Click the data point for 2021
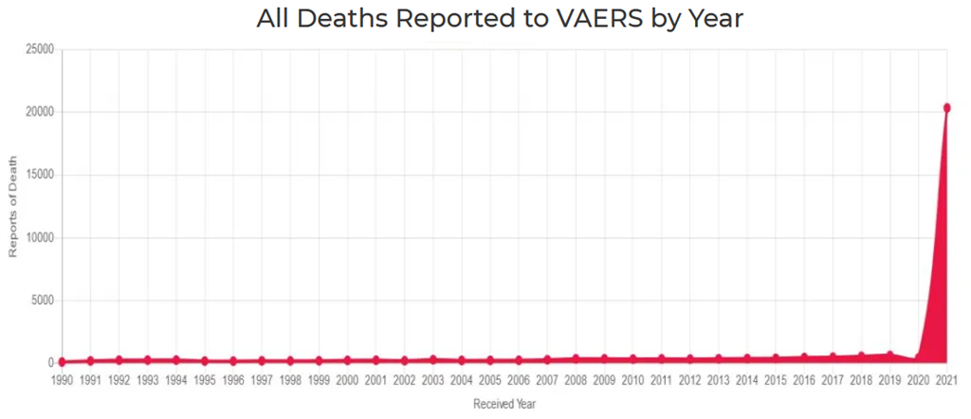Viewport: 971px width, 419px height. [946, 108]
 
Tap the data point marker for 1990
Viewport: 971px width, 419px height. [62, 361]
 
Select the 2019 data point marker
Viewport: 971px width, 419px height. [889, 355]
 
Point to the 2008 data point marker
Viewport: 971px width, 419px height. [576, 358]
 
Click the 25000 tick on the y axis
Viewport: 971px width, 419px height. [39, 49]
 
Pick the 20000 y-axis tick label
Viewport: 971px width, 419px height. [39, 112]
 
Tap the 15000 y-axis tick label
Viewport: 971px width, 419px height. [39, 174]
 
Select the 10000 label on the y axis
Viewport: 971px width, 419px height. [39, 238]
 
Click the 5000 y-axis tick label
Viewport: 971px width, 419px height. [42, 301]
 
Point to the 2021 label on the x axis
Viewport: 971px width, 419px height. [946, 380]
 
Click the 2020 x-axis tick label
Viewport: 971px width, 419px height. [918, 380]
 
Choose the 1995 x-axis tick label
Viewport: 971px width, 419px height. [204, 380]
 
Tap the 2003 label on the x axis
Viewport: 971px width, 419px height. [432, 380]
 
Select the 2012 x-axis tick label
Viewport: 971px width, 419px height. [689, 380]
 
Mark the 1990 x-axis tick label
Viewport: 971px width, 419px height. [62, 380]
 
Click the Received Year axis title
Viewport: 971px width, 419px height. [504, 404]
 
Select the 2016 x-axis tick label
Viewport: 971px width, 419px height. [804, 380]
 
